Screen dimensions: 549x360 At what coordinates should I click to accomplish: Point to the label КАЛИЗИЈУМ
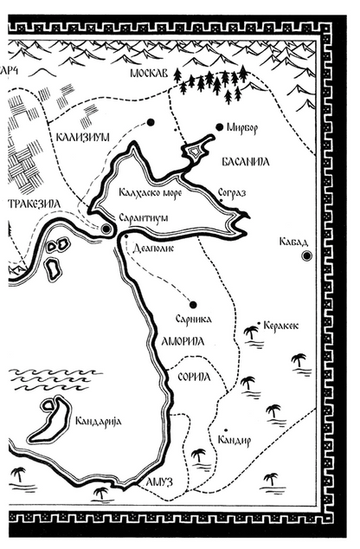pyautogui.click(x=82, y=136)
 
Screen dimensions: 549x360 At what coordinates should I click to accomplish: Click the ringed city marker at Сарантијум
pyautogui.click(x=106, y=229)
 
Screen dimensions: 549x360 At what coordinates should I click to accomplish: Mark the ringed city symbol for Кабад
pyautogui.click(x=305, y=256)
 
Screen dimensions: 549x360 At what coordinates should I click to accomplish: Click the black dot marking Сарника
pyautogui.click(x=193, y=305)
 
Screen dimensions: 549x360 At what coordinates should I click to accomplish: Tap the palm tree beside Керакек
pyautogui.click(x=252, y=331)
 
